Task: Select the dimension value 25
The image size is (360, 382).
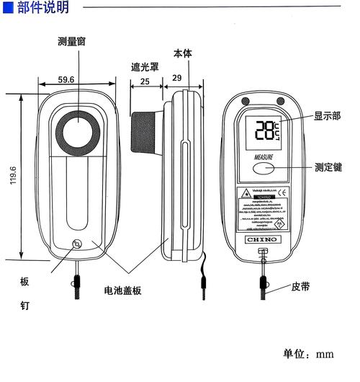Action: [145, 81]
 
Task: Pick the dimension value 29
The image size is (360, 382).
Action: [178, 78]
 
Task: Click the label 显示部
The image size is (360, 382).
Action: [328, 116]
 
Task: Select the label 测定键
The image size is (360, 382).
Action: [328, 166]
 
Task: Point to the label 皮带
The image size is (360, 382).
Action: [301, 286]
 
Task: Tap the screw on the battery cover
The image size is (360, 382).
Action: [77, 244]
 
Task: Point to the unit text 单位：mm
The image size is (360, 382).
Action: [308, 355]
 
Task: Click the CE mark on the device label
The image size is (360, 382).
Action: [283, 192]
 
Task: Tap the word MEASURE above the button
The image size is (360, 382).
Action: [264, 155]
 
